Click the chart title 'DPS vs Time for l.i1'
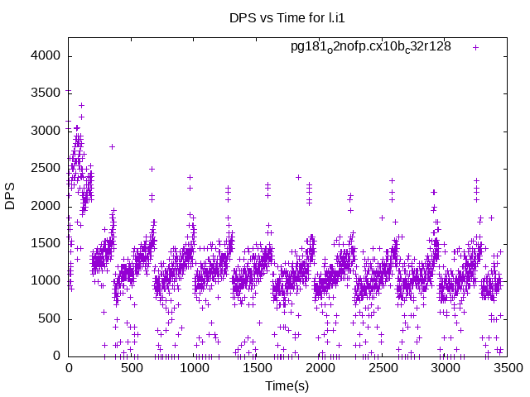277,17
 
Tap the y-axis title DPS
10,198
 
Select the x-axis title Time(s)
287,385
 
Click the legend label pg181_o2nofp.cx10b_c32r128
370,46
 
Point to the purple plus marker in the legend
475,46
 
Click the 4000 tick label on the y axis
46,55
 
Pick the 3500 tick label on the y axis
46,93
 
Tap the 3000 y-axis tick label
46,131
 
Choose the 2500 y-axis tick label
46,168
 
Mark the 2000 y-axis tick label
46,206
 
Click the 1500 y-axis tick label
46,243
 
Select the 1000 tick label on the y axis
46,280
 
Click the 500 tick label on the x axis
132,367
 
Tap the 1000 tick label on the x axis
195,367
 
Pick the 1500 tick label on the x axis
258,367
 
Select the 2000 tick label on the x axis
320,367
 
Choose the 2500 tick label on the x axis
383,367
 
